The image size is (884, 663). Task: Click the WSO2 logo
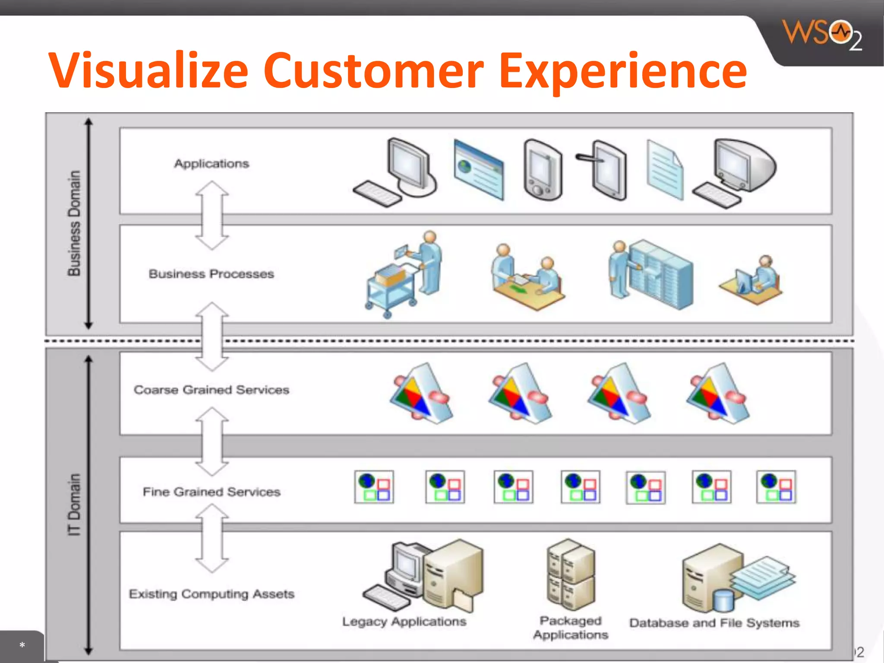pyautogui.click(x=822, y=35)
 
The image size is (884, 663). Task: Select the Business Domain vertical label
pyautogui.click(x=74, y=223)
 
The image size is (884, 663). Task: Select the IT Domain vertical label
pyautogui.click(x=74, y=505)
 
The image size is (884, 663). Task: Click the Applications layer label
pyautogui.click(x=212, y=164)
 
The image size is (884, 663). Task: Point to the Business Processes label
pyautogui.click(x=212, y=274)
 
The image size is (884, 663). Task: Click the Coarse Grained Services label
pyautogui.click(x=212, y=390)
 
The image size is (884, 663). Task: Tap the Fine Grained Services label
pyautogui.click(x=212, y=492)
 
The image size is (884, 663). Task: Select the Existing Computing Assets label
pyautogui.click(x=212, y=594)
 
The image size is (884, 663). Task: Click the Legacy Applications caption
pyautogui.click(x=404, y=622)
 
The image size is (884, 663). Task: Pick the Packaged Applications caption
pyautogui.click(x=570, y=628)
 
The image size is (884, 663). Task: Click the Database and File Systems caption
pyautogui.click(x=714, y=623)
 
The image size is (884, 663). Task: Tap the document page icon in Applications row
pyautogui.click(x=665, y=170)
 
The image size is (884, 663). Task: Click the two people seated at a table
pyautogui.click(x=527, y=276)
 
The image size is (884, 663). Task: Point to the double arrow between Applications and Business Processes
pyautogui.click(x=212, y=215)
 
